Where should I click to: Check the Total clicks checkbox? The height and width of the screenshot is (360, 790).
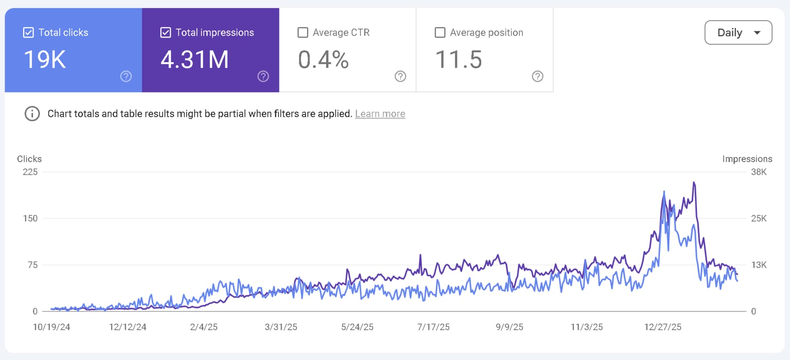pyautogui.click(x=28, y=33)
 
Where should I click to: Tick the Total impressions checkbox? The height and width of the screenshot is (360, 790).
pyautogui.click(x=165, y=33)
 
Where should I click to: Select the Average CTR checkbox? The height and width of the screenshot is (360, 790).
pyautogui.click(x=303, y=33)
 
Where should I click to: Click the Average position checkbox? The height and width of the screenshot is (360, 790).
pyautogui.click(x=440, y=33)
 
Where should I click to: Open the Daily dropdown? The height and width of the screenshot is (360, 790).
pyautogui.click(x=738, y=33)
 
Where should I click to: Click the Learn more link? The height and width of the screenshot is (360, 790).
pyautogui.click(x=380, y=114)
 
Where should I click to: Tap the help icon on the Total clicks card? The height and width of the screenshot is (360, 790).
pyautogui.click(x=126, y=76)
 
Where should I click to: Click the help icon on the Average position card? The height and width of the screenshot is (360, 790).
pyautogui.click(x=537, y=76)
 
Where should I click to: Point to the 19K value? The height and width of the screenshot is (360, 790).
pyautogui.click(x=45, y=60)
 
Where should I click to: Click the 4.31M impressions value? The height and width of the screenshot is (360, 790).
pyautogui.click(x=195, y=60)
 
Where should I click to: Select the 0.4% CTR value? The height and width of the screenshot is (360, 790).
pyautogui.click(x=323, y=60)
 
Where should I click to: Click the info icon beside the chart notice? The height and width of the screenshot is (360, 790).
pyautogui.click(x=32, y=114)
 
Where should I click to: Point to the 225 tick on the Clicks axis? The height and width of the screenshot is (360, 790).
pyautogui.click(x=30, y=172)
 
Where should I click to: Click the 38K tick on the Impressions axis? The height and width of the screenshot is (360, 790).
pyautogui.click(x=758, y=172)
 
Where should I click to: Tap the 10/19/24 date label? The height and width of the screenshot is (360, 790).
pyautogui.click(x=51, y=327)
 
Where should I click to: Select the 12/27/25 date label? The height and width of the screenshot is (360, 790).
pyautogui.click(x=662, y=327)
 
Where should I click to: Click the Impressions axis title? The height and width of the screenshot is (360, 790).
pyautogui.click(x=747, y=159)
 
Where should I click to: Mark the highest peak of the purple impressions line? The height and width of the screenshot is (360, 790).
pyautogui.click(x=694, y=183)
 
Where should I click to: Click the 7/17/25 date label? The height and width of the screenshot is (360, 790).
pyautogui.click(x=433, y=327)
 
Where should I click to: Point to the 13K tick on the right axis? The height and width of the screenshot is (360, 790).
pyautogui.click(x=758, y=265)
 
